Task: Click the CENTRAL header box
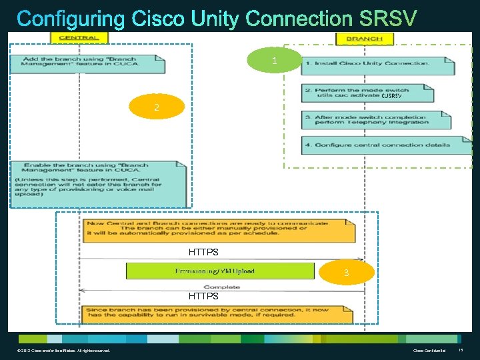[79, 38]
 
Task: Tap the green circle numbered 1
[274, 61]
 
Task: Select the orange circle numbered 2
[157, 107]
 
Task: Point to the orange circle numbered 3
[346, 273]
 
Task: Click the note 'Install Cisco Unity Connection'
[377, 65]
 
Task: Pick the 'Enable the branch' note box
[95, 183]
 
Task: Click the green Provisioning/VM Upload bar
[220, 271]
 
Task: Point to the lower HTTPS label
[203, 296]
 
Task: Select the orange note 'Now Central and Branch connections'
[218, 231]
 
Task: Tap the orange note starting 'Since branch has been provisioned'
[218, 315]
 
